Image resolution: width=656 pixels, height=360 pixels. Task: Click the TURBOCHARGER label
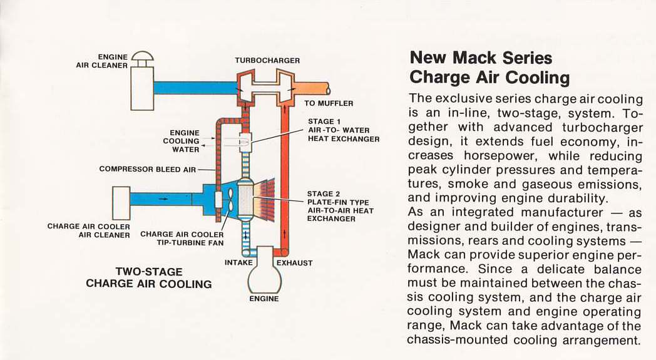coord(267,61)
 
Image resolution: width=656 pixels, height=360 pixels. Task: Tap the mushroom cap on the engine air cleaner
coord(142,58)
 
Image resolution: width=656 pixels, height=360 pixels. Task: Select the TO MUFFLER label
coord(329,103)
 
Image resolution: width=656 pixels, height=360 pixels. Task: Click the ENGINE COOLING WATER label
coord(185,141)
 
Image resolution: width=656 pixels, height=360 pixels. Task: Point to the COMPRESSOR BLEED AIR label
coord(148,169)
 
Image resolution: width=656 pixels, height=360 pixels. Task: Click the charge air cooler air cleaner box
coord(121,202)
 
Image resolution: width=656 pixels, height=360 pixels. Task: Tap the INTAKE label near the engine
coord(238,262)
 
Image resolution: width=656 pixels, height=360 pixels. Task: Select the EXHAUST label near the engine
coord(294,263)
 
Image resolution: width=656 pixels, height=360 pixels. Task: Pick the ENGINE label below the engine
coord(264,299)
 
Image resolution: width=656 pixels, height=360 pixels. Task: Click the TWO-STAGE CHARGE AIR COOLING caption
coord(149,278)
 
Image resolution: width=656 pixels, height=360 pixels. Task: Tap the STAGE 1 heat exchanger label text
coord(343,130)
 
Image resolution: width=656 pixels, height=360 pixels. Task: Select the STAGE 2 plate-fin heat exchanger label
coord(340,207)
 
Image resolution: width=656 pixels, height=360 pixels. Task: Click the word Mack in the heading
coord(476,58)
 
